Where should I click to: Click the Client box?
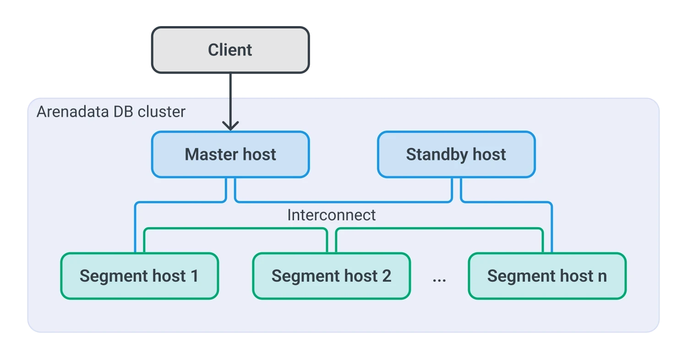pos(230,50)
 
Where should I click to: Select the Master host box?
pos(230,154)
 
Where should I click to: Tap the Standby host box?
pos(456,154)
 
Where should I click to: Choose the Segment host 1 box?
pos(140,276)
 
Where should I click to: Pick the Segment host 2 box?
pos(332,276)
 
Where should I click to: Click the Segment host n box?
pos(547,276)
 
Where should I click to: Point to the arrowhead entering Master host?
pos(230,125)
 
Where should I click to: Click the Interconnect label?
pos(332,215)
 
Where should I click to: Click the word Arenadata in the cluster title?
pos(73,112)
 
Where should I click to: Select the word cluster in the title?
pos(162,112)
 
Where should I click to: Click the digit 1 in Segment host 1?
pos(195,276)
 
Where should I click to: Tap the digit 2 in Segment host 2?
pos(387,276)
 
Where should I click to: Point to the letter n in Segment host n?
pos(602,277)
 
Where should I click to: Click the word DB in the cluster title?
pos(123,112)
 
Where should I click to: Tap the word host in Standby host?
pos(489,154)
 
